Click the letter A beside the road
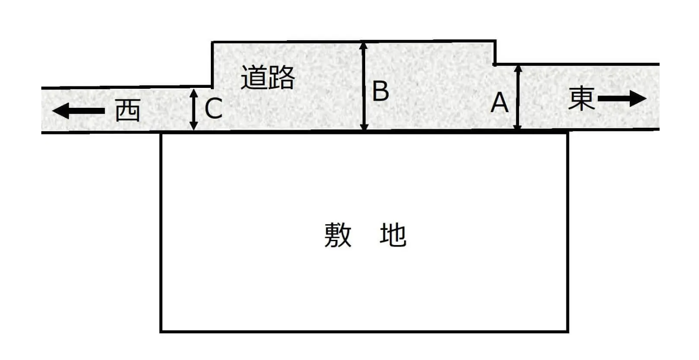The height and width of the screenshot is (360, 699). pos(500,103)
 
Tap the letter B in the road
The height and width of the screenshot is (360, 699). pos(381,91)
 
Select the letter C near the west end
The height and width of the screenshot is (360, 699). pos(213,108)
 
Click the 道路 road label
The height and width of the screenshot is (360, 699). pos(268,77)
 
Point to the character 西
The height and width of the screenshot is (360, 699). pos(128,110)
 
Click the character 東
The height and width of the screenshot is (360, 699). pos(581,98)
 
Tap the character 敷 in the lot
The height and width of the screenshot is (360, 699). pos(338,235)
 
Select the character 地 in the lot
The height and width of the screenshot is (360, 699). pos(393,235)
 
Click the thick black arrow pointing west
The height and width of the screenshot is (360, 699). pos(78,111)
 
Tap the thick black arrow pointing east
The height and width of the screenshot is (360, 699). pos(622,99)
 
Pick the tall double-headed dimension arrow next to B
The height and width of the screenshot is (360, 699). pos(364,86)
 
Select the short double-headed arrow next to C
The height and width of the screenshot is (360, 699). pos(194,109)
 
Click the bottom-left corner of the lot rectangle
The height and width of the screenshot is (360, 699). pos(161,332)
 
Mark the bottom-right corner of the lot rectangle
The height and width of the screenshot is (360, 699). pos(567,332)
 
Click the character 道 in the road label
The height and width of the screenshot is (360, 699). pos(254,77)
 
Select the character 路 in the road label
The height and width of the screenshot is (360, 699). pos(282,77)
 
